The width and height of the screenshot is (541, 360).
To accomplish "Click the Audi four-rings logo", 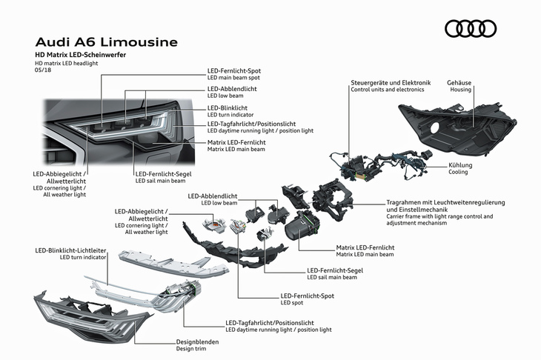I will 470,29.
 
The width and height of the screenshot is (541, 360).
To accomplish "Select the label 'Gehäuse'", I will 459,82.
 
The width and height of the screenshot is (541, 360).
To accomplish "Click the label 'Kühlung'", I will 460,164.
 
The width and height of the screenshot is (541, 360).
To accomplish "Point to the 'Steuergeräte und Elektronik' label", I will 390,82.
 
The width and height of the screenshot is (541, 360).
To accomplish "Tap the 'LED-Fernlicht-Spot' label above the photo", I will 234,71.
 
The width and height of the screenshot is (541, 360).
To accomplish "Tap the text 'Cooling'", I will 458,172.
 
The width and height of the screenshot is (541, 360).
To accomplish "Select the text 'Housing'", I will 460,90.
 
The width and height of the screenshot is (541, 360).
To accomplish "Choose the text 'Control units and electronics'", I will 388,90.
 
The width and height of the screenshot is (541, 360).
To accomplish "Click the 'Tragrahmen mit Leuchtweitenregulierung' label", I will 445,202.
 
